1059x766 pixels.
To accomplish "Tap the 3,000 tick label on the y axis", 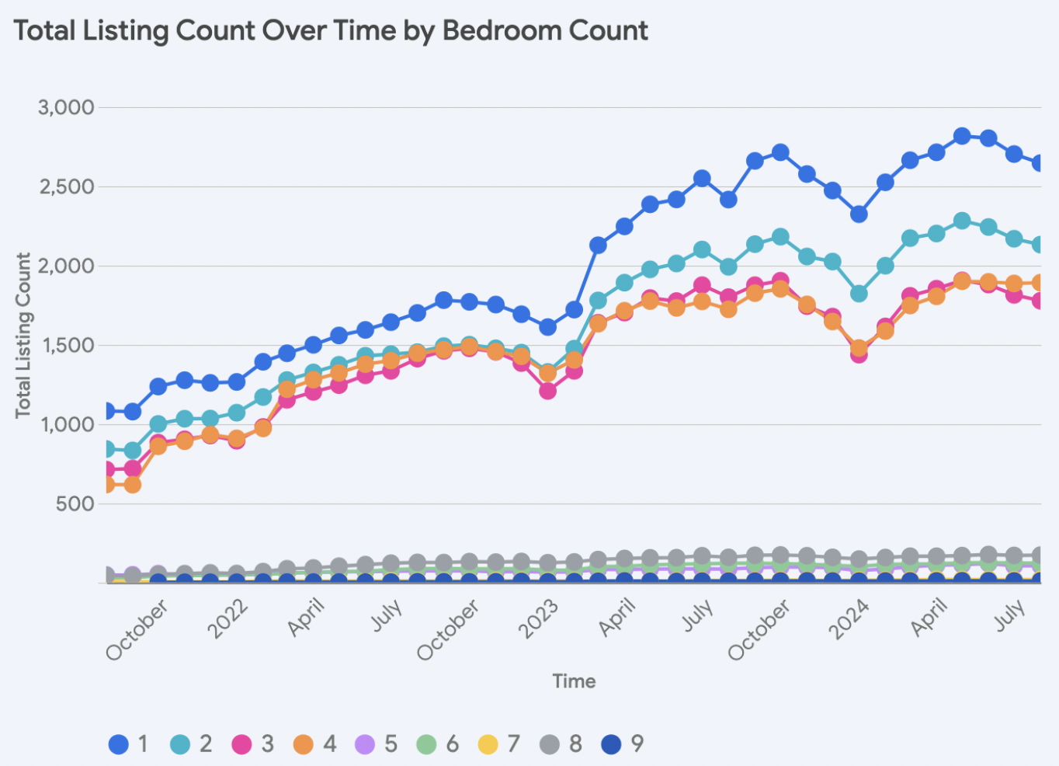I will (x=66, y=107).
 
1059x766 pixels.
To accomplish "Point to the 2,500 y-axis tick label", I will (x=66, y=186).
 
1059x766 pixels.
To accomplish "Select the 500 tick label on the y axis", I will (x=75, y=503).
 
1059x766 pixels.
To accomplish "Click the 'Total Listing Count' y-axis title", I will (x=23, y=335).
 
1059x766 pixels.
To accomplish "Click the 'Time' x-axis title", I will (x=574, y=681).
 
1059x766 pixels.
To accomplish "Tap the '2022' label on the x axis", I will (x=227, y=619).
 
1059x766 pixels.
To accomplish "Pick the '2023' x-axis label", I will (x=539, y=619).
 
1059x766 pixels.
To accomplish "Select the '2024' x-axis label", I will (x=849, y=619).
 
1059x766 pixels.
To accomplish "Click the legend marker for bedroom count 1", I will (x=118, y=744).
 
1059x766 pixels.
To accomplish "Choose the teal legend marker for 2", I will (x=180, y=744).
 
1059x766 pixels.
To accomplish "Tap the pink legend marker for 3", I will (x=242, y=744).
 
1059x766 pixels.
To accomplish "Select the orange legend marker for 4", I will (x=303, y=744).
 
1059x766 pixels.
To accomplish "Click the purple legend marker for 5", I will (x=365, y=744).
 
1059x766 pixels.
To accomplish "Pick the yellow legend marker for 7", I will (x=488, y=744).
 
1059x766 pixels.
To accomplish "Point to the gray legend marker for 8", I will (x=550, y=744).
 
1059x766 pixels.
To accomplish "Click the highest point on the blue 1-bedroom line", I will (x=962, y=136).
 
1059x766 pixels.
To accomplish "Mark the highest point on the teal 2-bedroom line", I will (x=962, y=221).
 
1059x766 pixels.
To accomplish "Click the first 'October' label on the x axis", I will (x=137, y=630).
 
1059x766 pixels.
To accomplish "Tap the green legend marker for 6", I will (x=426, y=744).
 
